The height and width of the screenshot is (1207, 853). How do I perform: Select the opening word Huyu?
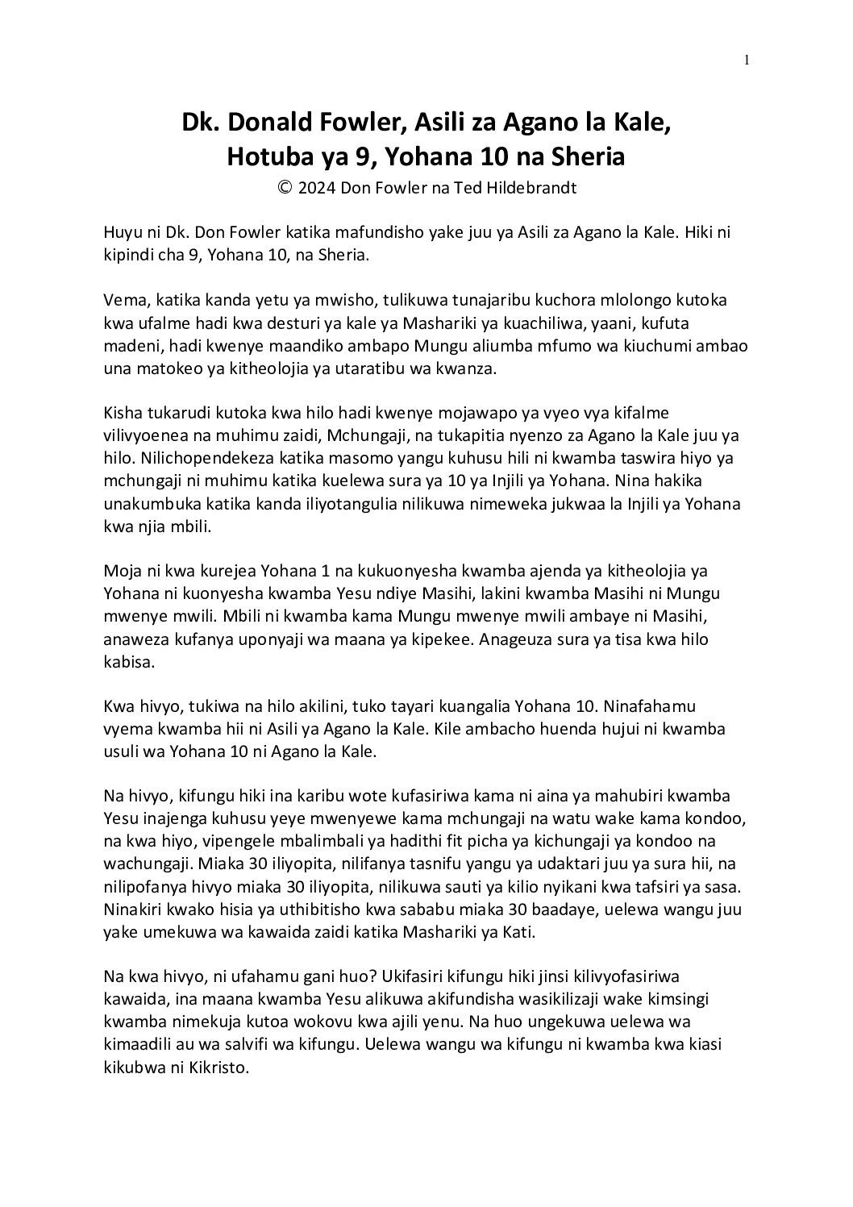120,232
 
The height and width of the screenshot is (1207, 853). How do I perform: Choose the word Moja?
120,572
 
